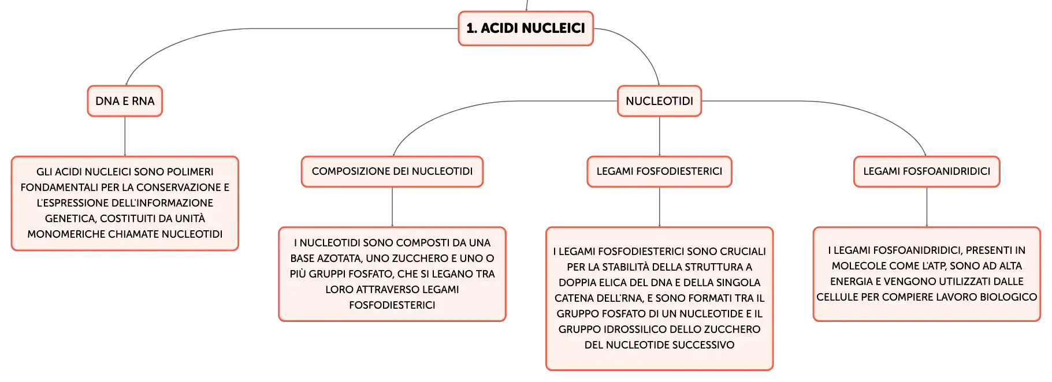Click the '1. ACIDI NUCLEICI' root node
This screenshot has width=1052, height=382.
point(526,28)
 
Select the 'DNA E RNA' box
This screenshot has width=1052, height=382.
point(125,101)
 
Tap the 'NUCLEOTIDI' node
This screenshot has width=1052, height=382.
point(659,101)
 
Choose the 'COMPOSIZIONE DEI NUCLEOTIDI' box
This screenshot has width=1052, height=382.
point(392,171)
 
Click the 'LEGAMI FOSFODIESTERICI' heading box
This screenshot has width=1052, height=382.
point(659,171)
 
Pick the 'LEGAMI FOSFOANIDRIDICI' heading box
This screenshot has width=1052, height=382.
point(927,171)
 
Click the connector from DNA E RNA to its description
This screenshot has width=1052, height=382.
point(125,136)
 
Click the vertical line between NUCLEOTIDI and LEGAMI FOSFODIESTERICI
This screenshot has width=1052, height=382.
point(659,136)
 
